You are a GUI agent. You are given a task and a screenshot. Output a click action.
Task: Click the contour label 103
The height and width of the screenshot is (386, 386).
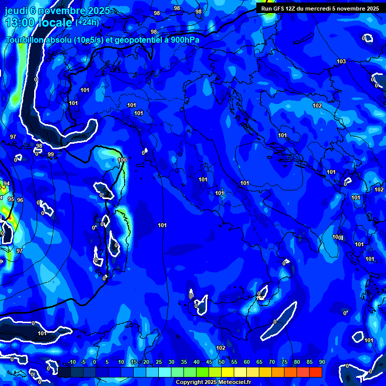pos(341,61)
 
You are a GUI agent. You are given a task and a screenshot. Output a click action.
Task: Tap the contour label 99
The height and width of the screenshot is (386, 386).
pos(50,154)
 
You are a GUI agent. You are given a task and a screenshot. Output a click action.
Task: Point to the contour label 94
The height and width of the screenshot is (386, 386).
pos(7,184)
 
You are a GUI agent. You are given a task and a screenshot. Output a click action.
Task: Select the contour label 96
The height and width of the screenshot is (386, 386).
pos(20,200)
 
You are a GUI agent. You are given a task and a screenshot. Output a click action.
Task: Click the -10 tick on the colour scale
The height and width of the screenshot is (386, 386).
pos(71,362)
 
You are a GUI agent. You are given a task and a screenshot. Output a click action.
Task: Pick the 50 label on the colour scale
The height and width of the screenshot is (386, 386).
pos(221,362)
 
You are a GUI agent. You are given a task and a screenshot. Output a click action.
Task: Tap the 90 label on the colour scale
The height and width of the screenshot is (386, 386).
pos(322,362)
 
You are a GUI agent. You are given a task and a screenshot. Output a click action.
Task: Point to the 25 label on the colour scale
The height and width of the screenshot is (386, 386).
pos(158,362)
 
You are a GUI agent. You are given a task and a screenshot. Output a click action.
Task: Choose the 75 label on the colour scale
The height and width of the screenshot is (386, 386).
pos(284,362)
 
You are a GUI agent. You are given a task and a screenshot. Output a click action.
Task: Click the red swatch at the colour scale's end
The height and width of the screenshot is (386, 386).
pos(315,372)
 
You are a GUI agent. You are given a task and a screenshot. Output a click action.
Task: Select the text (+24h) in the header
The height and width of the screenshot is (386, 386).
pos(87,23)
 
